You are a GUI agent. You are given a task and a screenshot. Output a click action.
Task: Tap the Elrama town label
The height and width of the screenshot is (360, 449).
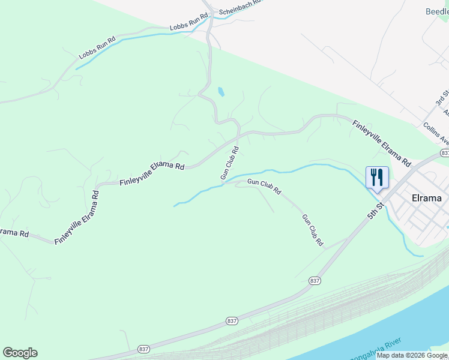pos(427,198)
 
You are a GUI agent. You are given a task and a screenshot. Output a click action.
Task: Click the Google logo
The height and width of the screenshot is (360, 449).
pos(20,353)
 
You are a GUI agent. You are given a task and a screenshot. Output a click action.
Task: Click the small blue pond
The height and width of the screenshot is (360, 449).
pos(221,92)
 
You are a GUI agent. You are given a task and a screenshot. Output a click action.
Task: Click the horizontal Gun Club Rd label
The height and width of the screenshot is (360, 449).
pos(264,187)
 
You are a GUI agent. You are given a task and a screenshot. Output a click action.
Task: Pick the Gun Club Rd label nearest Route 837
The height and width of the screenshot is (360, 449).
pos(313,230)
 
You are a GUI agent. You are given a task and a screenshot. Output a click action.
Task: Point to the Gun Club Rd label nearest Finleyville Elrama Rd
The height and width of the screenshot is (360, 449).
pos(229,163)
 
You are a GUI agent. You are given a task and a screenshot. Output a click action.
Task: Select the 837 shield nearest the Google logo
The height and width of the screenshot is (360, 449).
pos(143,349)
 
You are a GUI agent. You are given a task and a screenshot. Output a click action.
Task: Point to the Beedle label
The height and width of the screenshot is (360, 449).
pos(437,11)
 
